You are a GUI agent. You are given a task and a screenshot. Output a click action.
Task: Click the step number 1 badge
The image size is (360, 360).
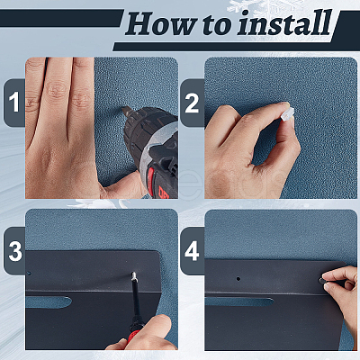click(14, 103)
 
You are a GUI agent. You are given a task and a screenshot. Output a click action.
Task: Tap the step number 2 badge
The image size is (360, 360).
click(192, 103)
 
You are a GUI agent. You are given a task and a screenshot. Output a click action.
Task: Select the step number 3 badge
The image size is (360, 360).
click(14, 251)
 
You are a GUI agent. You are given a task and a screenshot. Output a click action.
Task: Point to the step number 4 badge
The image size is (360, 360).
click(192, 251)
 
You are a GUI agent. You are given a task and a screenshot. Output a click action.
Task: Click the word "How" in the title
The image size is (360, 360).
click(161, 24)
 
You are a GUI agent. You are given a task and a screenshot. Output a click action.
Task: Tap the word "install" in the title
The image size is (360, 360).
click(284, 22)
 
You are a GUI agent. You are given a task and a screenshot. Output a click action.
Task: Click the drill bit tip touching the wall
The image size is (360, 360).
click(122, 109)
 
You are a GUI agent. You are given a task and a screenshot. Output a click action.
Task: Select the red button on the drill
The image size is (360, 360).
click(151, 177)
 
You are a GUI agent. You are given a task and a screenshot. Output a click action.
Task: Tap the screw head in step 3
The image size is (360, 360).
click(134, 274)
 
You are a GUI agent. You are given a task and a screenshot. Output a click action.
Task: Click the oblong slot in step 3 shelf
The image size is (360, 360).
click(49, 302)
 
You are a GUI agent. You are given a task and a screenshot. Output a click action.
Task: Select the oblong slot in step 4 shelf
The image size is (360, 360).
click(238, 301)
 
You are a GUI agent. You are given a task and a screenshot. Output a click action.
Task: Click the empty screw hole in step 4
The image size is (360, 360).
click(238, 279)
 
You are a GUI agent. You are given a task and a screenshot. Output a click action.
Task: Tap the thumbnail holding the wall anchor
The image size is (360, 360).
click(285, 104)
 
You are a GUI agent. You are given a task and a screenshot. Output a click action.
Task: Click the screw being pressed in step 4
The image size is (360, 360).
click(322, 281)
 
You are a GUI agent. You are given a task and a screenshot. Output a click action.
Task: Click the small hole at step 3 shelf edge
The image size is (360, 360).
click(29, 274)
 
